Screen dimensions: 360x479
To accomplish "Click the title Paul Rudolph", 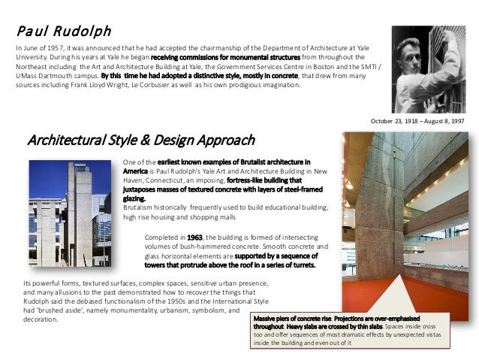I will (64, 32).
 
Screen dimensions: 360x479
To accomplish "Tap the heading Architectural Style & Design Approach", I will (140, 141).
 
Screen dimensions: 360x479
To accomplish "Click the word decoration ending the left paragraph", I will (41, 319).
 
